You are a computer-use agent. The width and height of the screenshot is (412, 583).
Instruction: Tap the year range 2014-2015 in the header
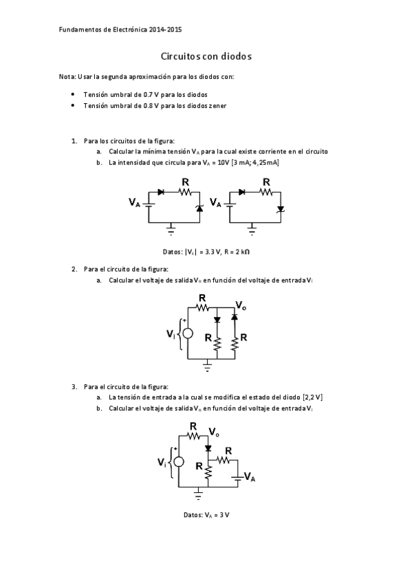165,30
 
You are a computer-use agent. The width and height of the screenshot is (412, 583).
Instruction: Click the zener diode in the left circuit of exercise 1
199,208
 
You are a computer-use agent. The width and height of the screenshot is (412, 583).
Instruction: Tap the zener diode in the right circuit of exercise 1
279,208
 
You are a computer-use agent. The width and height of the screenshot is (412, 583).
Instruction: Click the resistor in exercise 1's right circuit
266,193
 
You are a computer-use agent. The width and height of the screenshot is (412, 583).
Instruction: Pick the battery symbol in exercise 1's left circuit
149,203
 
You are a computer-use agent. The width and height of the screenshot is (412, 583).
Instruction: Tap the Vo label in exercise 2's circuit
241,305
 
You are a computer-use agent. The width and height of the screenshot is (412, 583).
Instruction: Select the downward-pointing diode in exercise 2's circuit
217,320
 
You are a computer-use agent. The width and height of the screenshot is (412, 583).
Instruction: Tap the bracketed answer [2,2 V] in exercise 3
312,397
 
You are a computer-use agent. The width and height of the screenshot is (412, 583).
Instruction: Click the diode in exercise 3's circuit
207,448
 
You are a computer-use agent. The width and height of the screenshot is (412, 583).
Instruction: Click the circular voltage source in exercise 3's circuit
179,461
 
